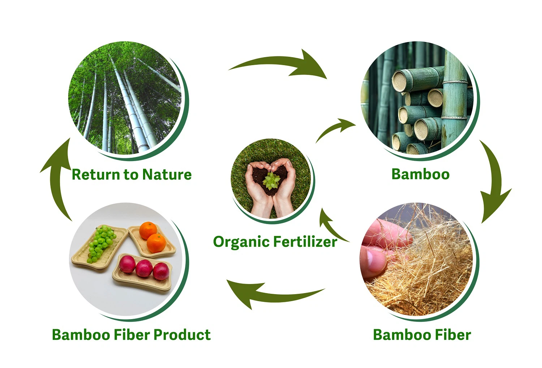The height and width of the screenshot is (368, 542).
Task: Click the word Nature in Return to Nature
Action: (167, 174)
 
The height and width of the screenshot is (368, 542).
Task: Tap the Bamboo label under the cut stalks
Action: (420, 174)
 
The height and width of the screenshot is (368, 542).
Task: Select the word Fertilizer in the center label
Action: (305, 242)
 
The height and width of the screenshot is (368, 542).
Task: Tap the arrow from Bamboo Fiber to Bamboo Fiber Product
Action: (275, 292)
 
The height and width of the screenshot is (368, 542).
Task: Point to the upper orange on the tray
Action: (148, 230)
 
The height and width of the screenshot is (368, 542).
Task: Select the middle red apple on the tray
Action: (144, 268)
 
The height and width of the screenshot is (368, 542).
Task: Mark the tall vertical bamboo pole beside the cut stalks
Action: (453, 101)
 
